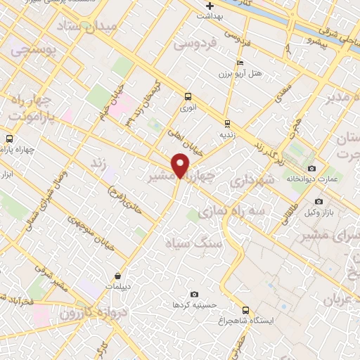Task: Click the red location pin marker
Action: (x=181, y=165)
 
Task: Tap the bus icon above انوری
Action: (x=188, y=96)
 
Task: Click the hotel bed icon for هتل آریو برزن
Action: (x=240, y=63)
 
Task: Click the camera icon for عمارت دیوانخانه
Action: (x=311, y=169)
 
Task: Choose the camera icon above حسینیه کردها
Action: (x=194, y=295)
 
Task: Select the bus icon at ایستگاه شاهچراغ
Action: (x=245, y=310)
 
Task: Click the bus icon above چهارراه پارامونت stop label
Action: (x=8, y=139)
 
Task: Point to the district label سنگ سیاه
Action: (x=193, y=243)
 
